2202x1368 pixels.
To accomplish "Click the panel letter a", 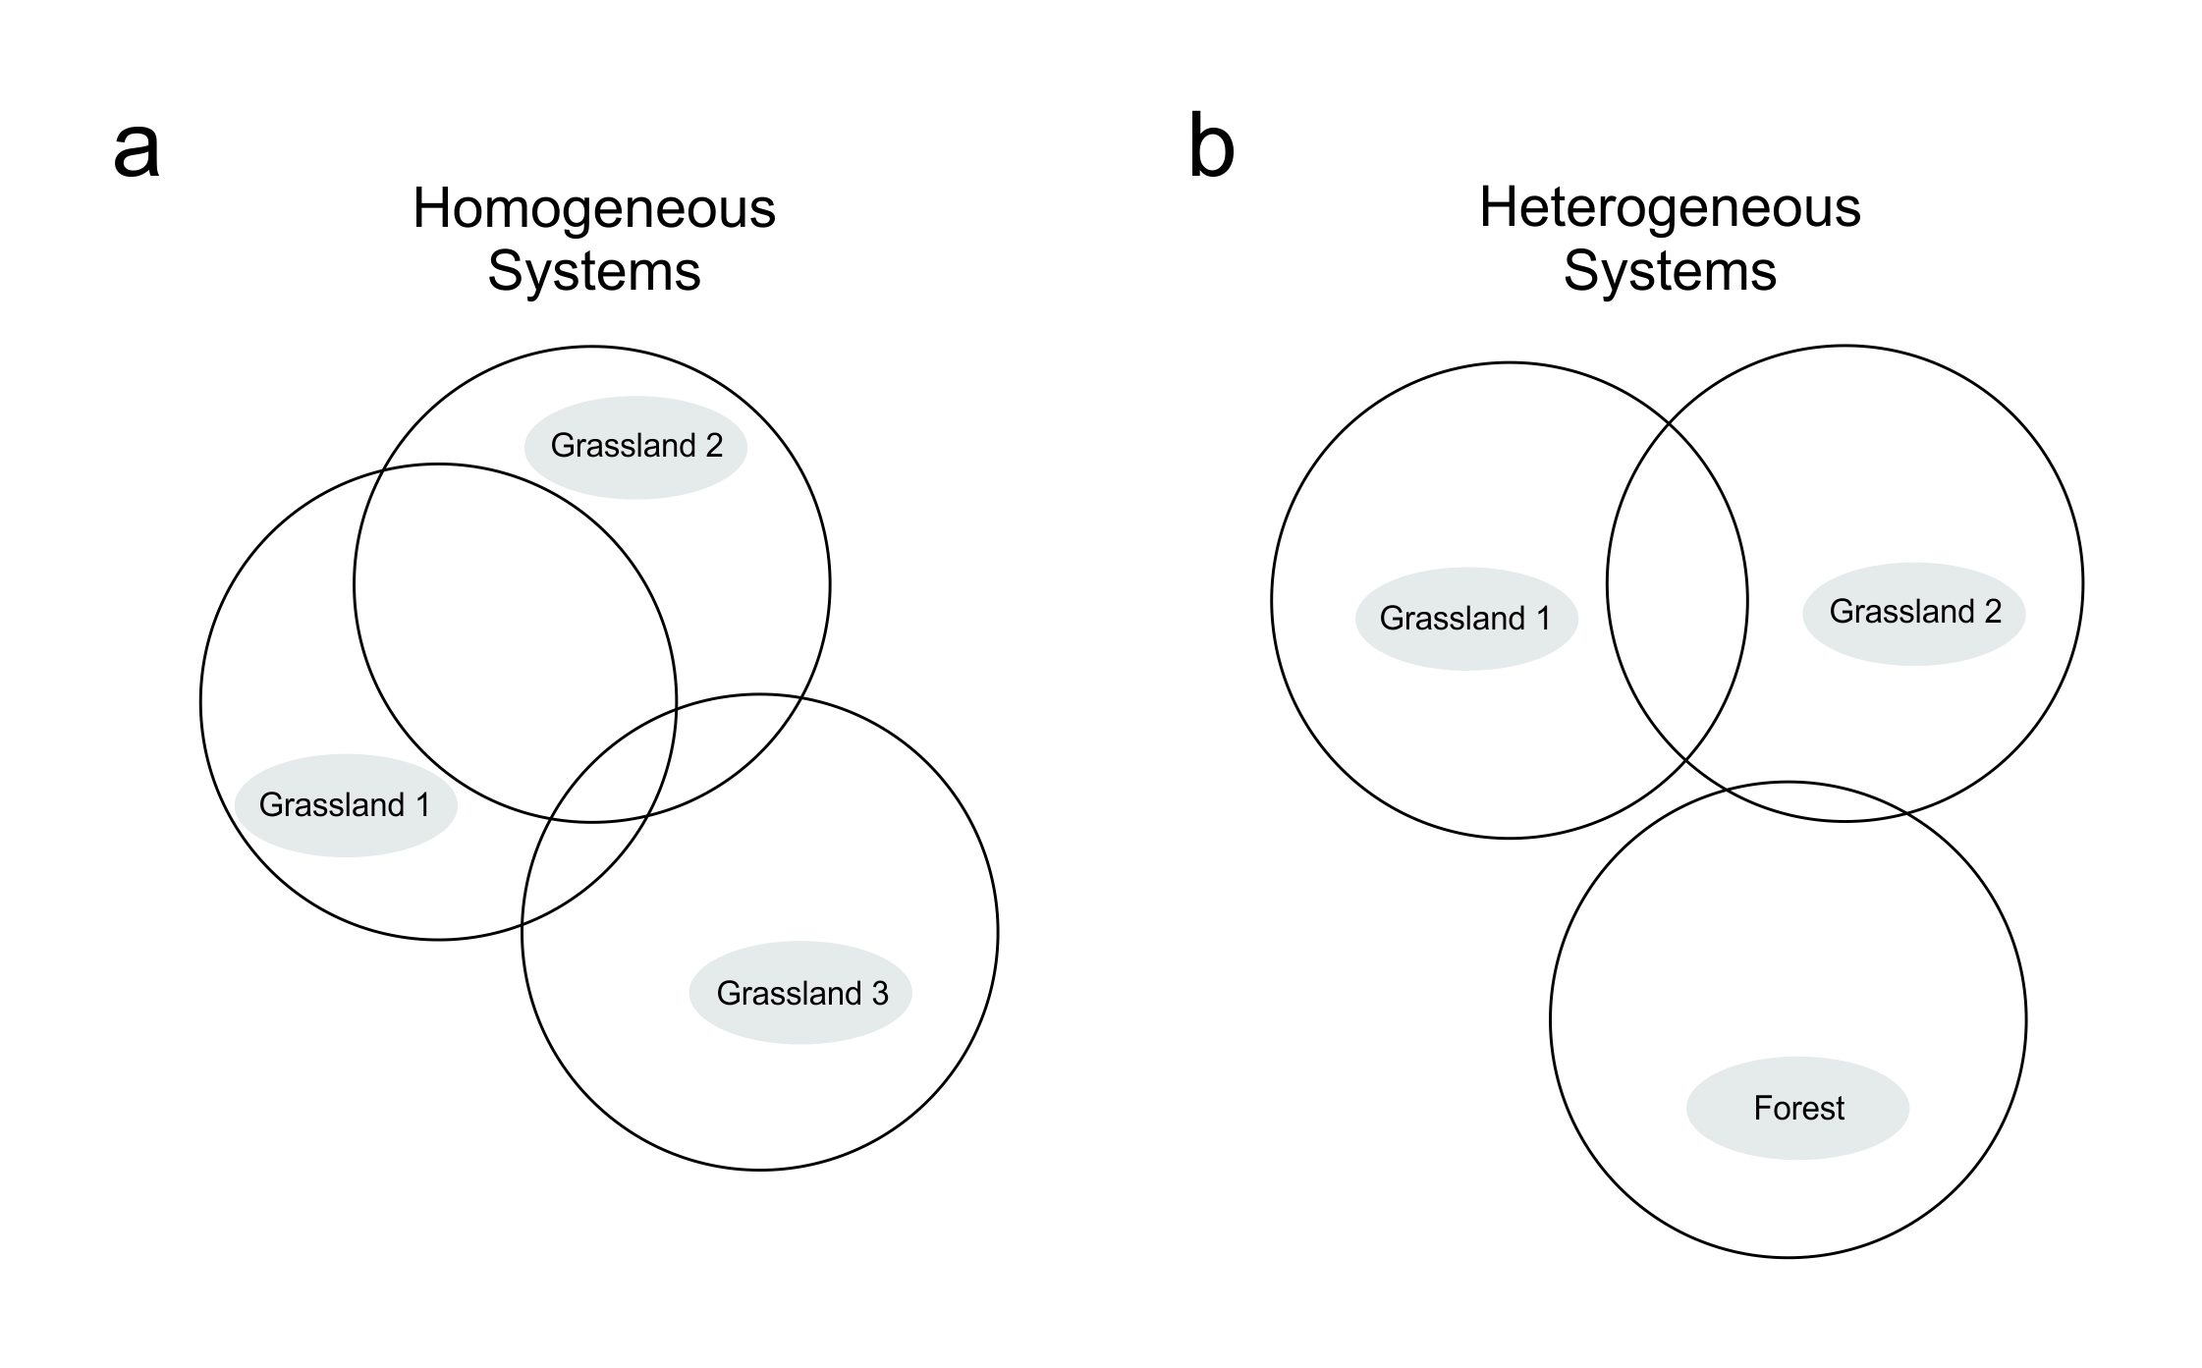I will [137, 149].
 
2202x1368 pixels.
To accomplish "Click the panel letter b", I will [1211, 147].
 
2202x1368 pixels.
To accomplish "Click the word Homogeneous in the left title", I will [593, 208].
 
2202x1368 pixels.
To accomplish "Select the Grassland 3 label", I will [801, 993].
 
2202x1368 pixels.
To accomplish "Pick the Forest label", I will [1798, 1108].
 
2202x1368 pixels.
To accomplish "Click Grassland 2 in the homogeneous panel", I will [636, 446].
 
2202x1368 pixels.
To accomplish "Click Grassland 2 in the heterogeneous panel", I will [1914, 612].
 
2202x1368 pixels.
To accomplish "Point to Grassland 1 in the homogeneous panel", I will [345, 805].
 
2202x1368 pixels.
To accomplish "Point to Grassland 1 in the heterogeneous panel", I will [1465, 619].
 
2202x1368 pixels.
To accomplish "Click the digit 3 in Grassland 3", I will [879, 994].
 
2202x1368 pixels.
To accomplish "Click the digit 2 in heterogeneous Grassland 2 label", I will [1993, 612].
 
